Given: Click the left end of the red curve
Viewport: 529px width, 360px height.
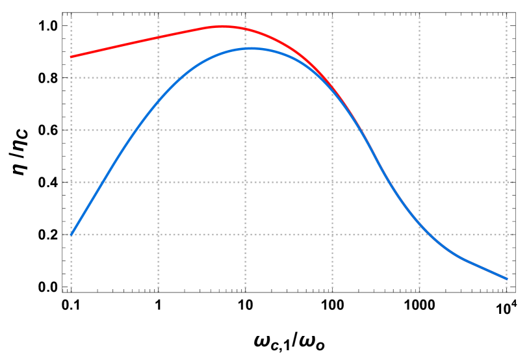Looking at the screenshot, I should point(71,57).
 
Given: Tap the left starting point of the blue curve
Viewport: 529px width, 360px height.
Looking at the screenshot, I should point(71,235).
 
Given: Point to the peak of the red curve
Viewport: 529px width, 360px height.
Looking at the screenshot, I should point(222,27).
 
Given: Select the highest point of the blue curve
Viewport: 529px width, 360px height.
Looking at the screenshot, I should point(251,48).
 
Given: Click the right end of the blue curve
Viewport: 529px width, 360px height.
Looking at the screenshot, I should point(506,279).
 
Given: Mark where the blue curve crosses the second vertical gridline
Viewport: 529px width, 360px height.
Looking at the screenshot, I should point(159,101).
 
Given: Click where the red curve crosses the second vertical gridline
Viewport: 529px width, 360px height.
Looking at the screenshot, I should point(159,37).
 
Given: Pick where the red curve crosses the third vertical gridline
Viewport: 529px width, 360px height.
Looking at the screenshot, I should point(246,29).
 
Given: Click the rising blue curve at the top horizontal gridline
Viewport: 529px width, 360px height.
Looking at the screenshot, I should point(183,77).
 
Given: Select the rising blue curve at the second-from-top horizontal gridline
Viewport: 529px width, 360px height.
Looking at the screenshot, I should point(135,130).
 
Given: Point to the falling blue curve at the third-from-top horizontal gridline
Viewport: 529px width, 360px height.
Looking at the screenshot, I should point(389,182).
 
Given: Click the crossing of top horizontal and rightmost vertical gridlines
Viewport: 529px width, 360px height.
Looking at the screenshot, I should point(506,77).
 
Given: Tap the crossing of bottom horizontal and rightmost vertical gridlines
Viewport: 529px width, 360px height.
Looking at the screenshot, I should point(506,235).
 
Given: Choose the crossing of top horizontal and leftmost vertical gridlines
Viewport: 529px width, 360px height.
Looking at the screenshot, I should point(71,77).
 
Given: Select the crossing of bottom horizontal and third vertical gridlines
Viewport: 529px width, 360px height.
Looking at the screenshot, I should point(246,235).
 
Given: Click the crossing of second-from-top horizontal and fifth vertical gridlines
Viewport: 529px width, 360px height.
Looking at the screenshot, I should point(419,130).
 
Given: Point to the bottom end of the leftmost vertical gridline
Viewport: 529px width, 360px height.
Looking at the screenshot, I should point(71,292).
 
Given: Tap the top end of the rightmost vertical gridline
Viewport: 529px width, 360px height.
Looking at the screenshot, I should point(506,12).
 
